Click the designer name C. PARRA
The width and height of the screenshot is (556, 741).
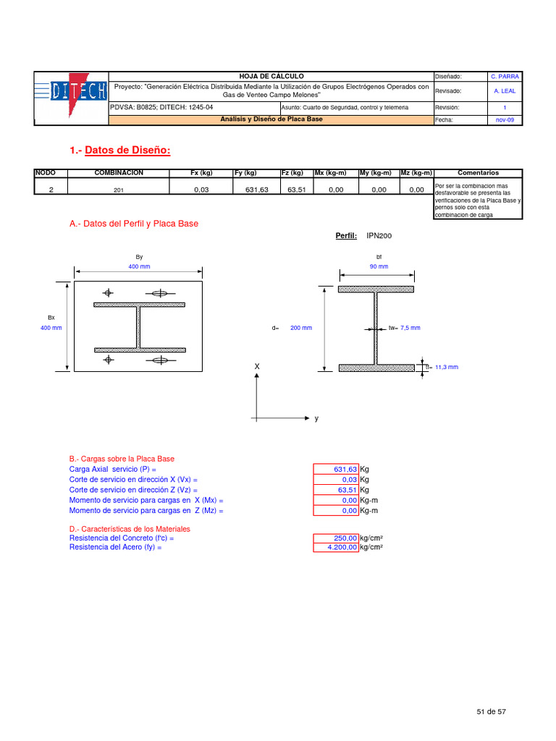coord(505,76)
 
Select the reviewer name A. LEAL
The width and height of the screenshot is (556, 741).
coord(505,91)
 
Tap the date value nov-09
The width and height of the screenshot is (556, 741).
coord(505,119)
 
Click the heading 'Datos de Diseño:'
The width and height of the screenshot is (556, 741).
coord(127,150)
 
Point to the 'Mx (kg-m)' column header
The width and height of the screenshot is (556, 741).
coord(331,173)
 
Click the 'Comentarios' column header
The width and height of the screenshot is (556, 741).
coord(478,173)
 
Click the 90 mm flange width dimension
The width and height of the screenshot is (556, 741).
coord(379,266)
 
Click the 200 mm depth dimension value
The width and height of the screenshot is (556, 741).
coord(300,328)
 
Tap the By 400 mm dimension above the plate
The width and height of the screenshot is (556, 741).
coord(139,266)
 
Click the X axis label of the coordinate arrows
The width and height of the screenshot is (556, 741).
coord(256,368)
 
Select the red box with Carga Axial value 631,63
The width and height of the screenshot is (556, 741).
coord(335,469)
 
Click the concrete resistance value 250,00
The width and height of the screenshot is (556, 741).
coord(335,538)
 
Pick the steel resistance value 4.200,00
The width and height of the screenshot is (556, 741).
coord(335,548)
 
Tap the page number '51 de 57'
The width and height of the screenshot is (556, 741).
coord(491,712)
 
